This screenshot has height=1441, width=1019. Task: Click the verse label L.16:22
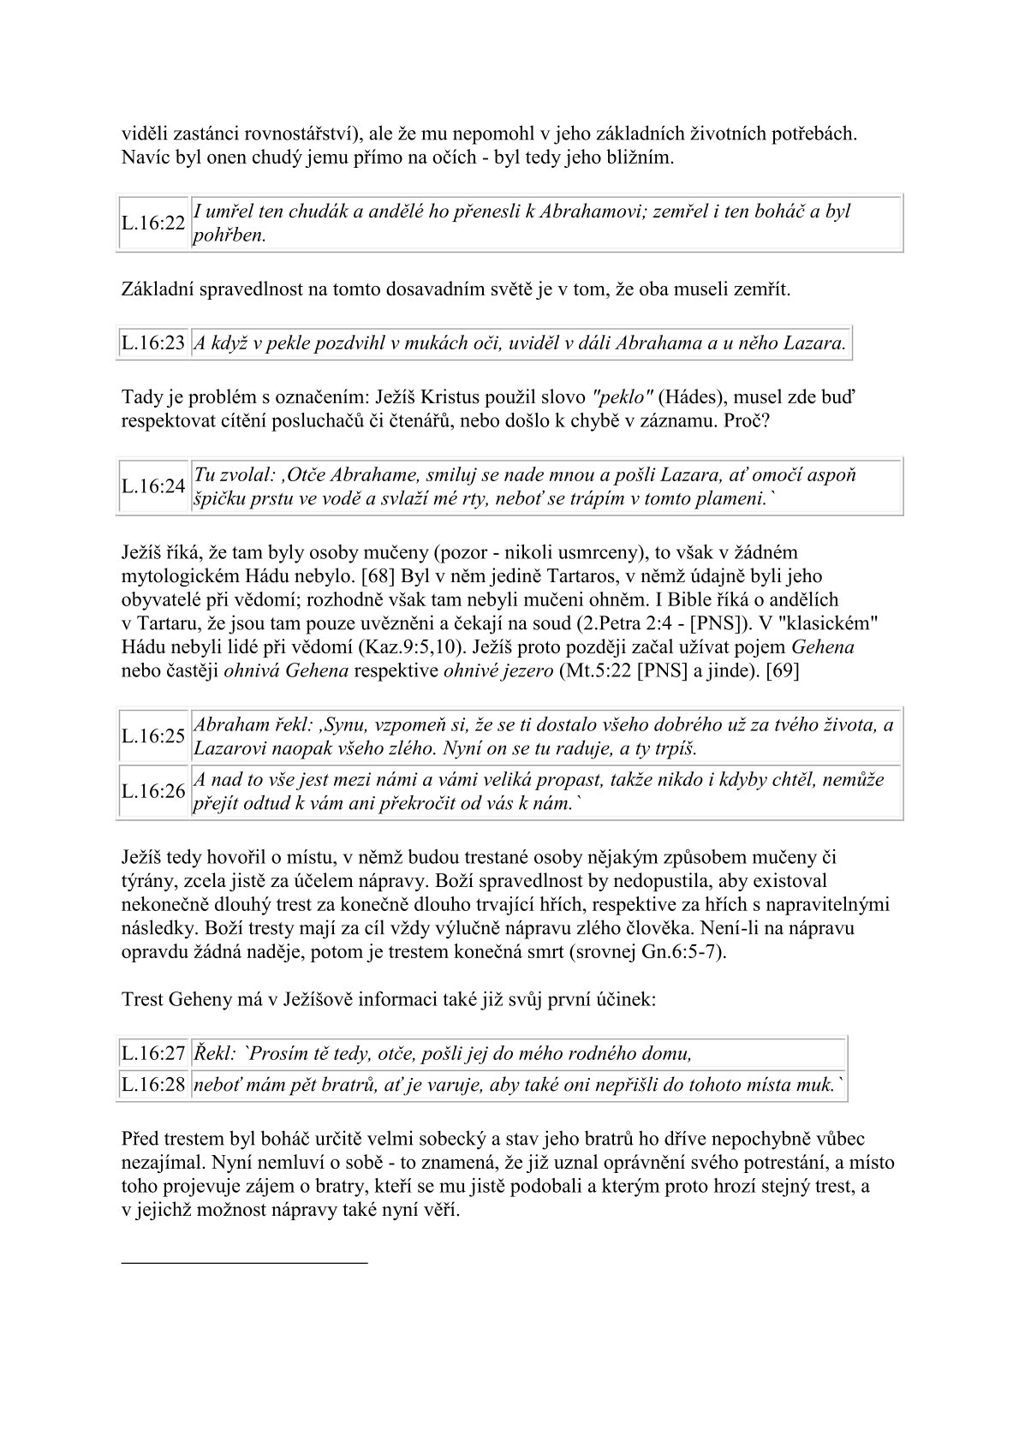(153, 223)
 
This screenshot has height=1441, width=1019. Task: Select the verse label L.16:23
(153, 343)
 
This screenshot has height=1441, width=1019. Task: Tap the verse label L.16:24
(153, 486)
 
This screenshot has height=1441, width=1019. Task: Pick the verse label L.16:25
(153, 736)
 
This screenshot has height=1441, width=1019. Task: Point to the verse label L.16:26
(153, 791)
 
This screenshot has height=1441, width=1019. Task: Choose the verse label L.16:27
(153, 1053)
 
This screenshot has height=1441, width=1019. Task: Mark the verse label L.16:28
(153, 1085)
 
